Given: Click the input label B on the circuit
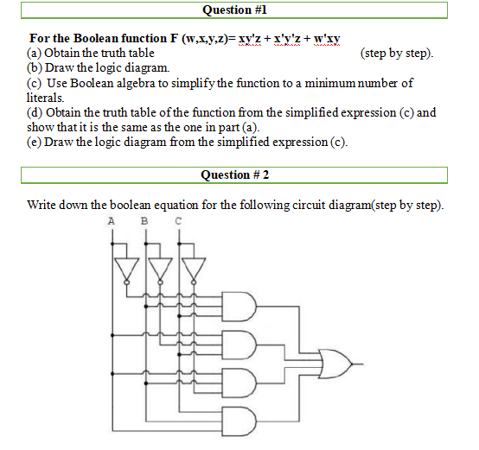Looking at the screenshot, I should click(144, 220).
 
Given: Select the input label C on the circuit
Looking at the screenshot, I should click(177, 220).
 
